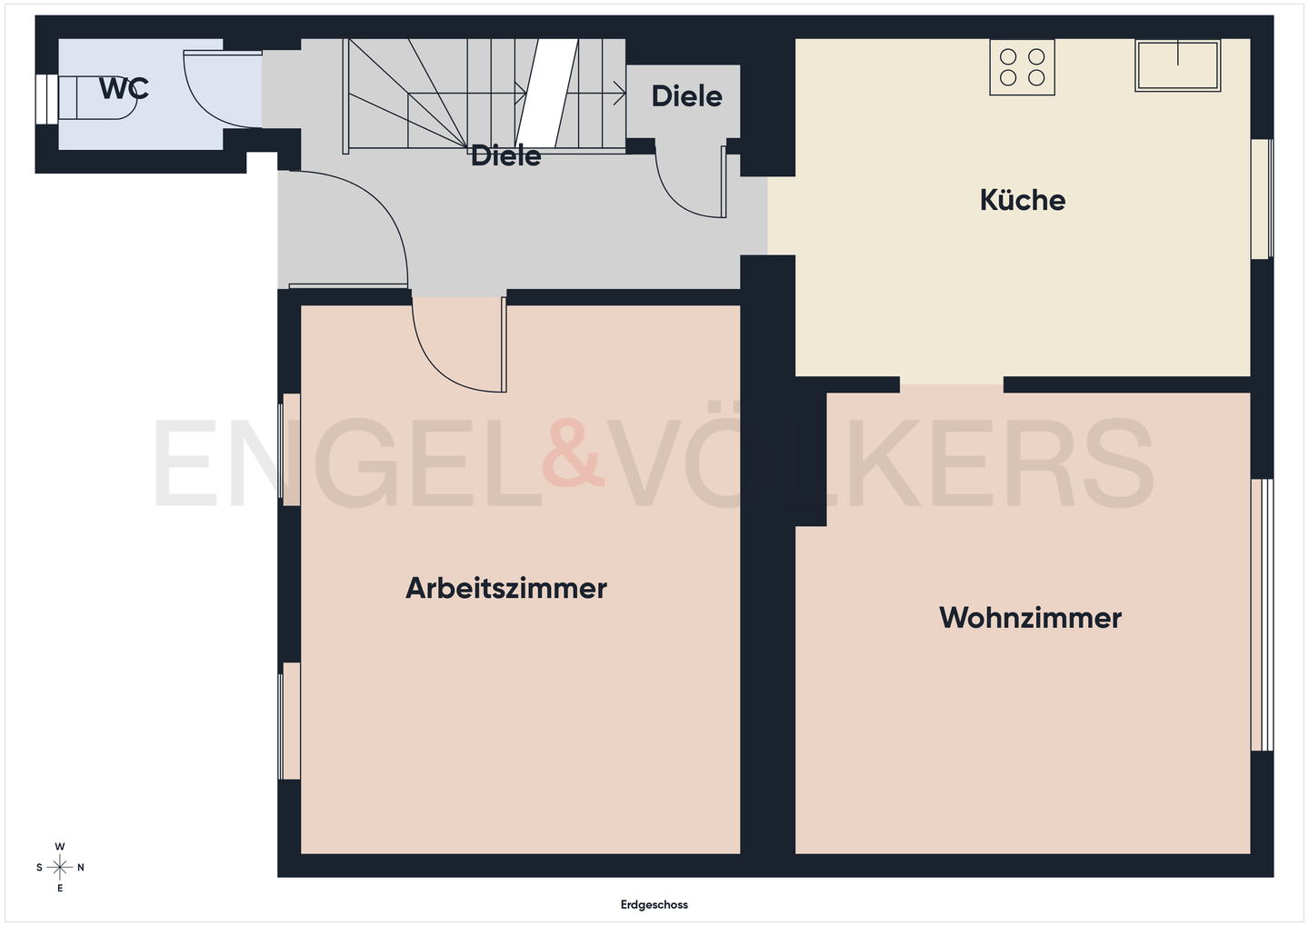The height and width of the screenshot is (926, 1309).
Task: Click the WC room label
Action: click(x=124, y=88)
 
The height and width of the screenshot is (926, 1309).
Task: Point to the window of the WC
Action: click(x=42, y=98)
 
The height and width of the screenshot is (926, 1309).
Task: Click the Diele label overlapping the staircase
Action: click(x=505, y=155)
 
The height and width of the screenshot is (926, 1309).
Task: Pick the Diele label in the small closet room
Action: click(x=686, y=95)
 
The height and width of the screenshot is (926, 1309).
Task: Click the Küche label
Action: click(x=1022, y=200)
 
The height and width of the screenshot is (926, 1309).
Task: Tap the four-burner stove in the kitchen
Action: click(x=1022, y=67)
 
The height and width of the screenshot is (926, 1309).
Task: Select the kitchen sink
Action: click(x=1177, y=65)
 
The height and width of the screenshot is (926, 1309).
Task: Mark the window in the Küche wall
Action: click(x=1262, y=198)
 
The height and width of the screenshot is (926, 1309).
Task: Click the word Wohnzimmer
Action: click(x=1030, y=618)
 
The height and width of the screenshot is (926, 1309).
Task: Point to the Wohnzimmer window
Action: click(x=1262, y=614)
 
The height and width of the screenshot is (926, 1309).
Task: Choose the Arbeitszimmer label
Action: click(x=505, y=588)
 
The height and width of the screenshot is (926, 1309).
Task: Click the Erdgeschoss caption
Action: click(x=654, y=904)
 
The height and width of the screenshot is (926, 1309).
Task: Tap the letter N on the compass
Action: click(x=81, y=868)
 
